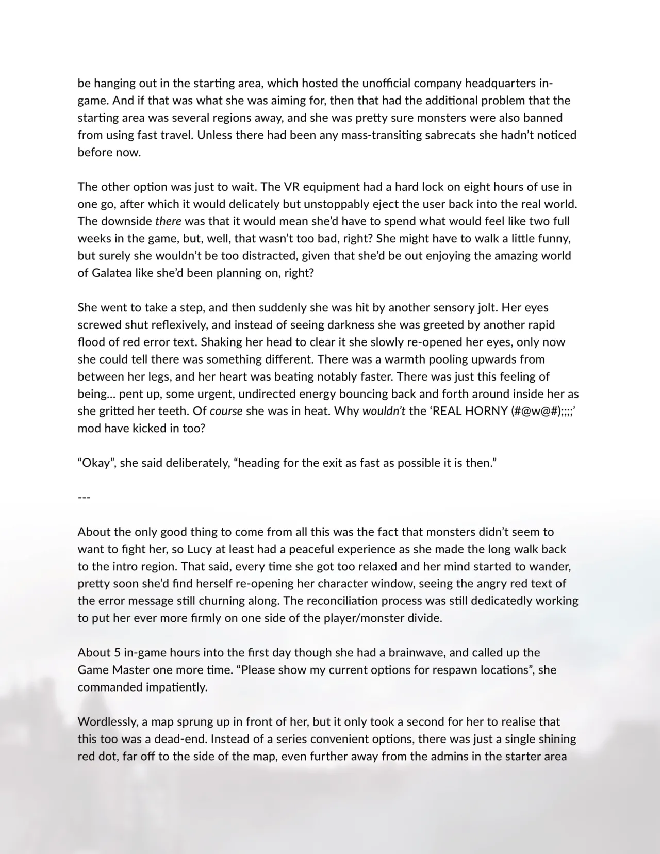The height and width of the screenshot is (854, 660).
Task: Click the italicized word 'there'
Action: point(168,221)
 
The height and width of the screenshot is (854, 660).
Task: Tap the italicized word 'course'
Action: point(226,412)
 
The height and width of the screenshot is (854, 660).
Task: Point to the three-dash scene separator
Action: point(84,498)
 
